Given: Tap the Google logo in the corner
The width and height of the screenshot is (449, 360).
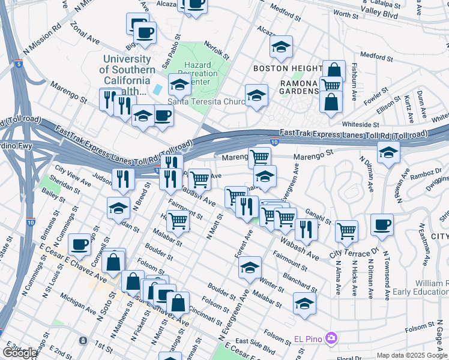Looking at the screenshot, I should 20,352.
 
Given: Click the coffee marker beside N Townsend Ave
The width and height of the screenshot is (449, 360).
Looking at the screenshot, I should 382,225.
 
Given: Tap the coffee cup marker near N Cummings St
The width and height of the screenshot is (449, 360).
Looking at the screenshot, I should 80,244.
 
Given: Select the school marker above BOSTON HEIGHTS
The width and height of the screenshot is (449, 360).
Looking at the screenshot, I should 280,47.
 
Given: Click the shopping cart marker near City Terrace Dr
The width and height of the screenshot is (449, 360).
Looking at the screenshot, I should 346,230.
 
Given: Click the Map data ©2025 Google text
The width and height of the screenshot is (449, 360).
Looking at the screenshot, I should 412,355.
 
